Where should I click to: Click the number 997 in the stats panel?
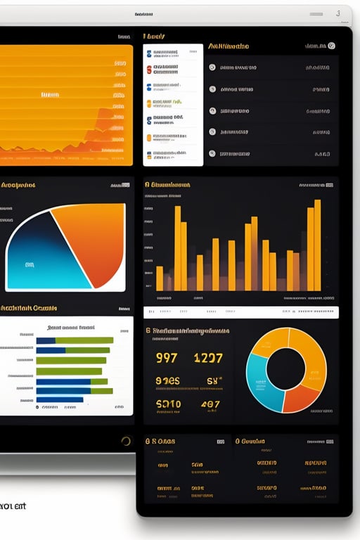click(167, 358)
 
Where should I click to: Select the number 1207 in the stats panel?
click(208, 358)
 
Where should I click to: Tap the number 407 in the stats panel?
click(210, 404)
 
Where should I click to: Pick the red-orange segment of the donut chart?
click(301, 398)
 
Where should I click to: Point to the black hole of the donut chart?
click(286, 369)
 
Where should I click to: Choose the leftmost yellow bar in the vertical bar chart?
click(160, 278)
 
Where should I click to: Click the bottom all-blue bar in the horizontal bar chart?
click(60, 399)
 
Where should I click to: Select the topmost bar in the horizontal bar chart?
click(73, 340)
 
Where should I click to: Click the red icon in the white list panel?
click(149, 70)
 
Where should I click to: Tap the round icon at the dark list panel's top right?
click(331, 46)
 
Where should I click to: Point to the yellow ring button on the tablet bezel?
click(126, 442)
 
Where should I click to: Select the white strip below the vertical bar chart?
click(240, 312)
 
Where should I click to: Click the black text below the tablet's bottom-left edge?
click(13, 506)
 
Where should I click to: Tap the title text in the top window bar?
click(143, 14)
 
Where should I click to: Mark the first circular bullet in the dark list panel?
click(212, 68)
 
